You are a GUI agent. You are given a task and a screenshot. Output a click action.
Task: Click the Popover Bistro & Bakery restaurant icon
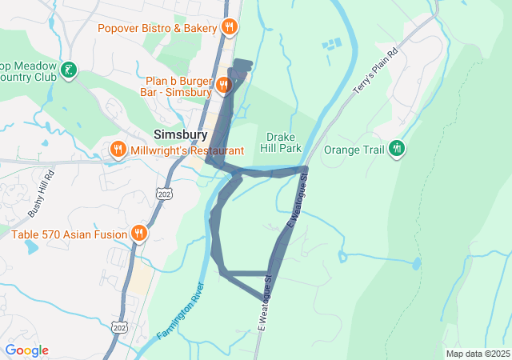point(230,28)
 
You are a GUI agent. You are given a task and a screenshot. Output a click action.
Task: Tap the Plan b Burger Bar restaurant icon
point(223,84)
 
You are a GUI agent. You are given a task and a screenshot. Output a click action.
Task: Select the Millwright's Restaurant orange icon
point(118,150)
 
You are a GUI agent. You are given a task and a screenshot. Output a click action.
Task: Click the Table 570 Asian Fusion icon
point(139,234)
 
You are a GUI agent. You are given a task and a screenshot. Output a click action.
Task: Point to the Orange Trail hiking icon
point(396,148)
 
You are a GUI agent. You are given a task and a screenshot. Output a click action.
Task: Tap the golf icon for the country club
point(70,70)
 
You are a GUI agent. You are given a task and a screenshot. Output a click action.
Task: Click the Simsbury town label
point(180,134)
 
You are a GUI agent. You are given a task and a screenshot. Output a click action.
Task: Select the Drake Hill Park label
point(281,142)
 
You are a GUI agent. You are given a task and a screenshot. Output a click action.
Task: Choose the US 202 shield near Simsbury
point(165,194)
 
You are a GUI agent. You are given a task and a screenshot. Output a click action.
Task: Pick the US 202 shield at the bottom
point(120,327)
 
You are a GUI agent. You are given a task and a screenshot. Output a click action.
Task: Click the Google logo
point(26,350)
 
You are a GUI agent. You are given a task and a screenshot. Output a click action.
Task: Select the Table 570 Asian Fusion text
point(69,234)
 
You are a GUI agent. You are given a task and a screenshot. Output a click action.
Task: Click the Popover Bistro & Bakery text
point(158,28)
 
